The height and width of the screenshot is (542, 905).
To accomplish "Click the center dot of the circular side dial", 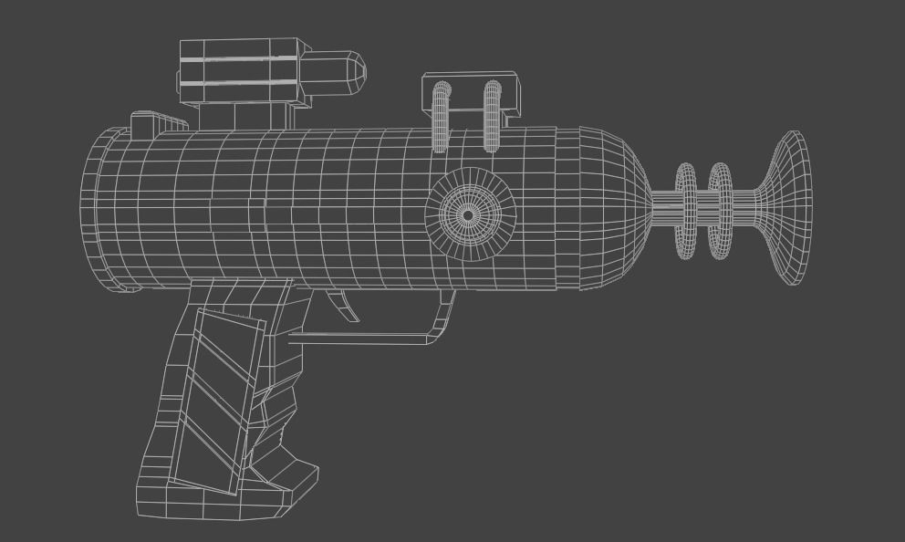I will (468, 215).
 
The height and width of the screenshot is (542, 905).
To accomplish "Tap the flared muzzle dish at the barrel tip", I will (791, 208).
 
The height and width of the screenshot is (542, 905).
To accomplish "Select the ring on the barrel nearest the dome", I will (686, 209).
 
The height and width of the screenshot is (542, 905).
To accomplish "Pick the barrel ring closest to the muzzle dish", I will (720, 210).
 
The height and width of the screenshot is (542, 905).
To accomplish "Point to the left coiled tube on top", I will (442, 117).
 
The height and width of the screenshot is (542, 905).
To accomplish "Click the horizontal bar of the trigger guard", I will (365, 339).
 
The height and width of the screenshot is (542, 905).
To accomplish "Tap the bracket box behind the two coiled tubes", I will (470, 93).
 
